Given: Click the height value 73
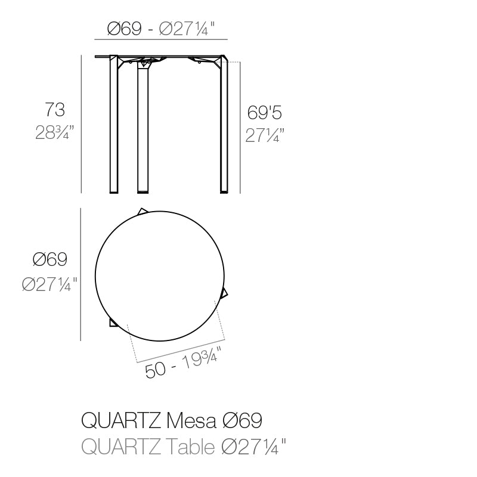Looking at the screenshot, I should click(55, 110).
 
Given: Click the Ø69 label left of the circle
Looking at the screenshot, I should click(49, 259).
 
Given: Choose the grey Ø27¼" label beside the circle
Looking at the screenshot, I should click(49, 285).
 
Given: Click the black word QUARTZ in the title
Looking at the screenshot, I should click(119, 420).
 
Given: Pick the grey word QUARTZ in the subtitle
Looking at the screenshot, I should click(119, 446).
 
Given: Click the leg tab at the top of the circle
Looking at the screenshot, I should click(143, 211).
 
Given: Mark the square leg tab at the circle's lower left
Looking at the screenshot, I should click(113, 323).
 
